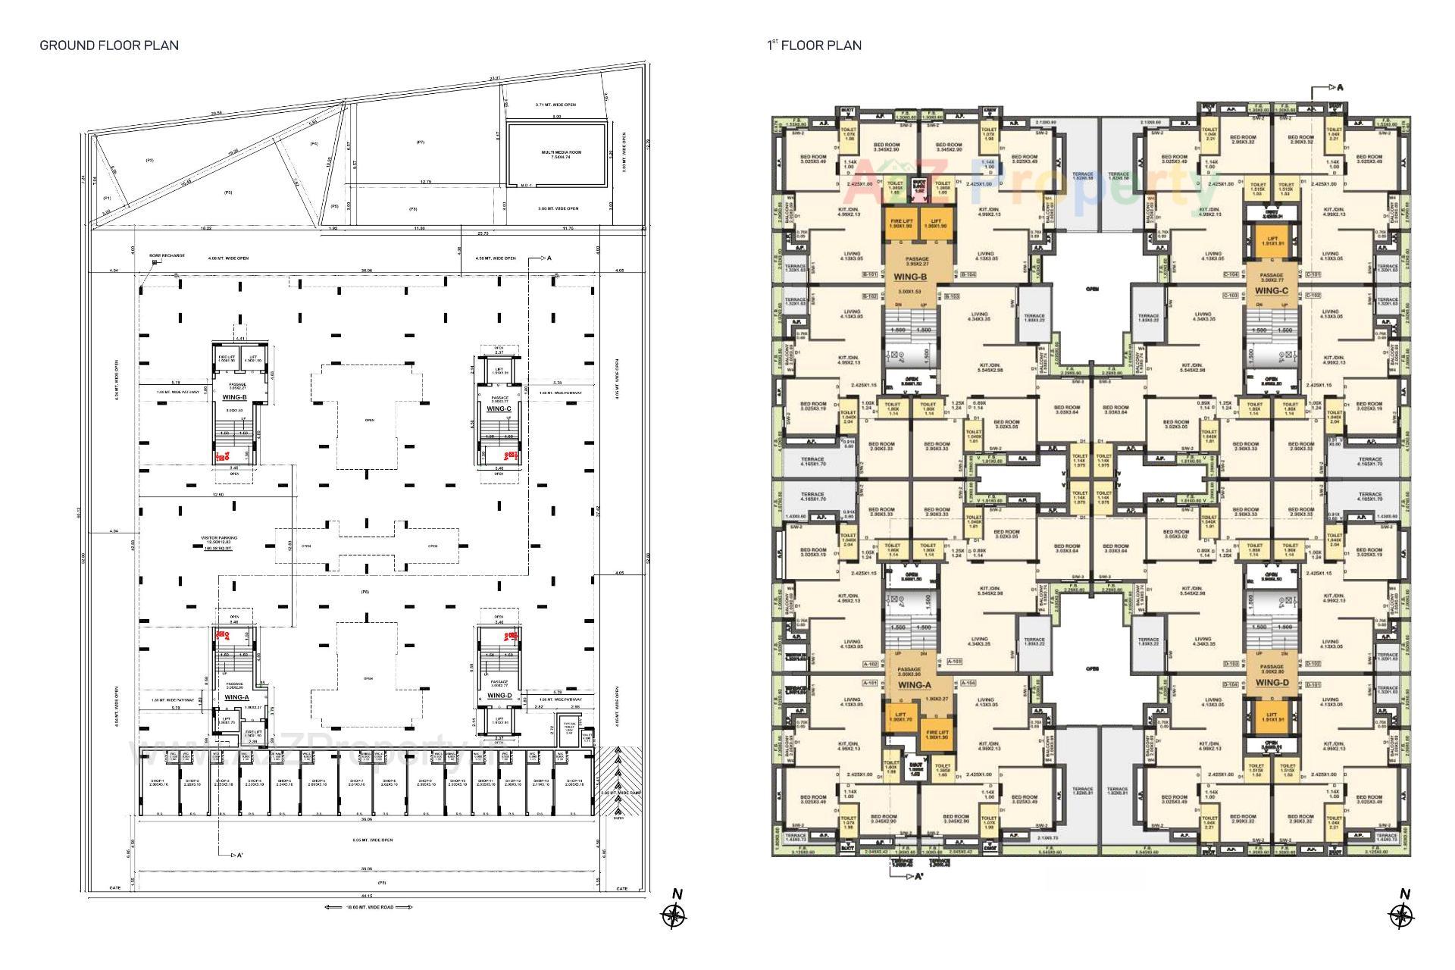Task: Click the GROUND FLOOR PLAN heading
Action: [109, 45]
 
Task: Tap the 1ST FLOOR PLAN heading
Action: [814, 45]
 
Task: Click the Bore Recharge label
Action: [167, 255]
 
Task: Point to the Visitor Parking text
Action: [219, 538]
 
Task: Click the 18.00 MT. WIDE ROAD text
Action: [369, 907]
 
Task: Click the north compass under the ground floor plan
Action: [673, 915]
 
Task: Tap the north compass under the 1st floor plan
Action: [1402, 915]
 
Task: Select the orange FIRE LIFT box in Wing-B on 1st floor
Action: [900, 224]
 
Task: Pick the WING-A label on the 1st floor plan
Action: [914, 685]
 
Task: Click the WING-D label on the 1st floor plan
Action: [1272, 683]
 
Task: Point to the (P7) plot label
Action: [420, 142]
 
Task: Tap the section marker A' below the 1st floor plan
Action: [918, 877]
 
